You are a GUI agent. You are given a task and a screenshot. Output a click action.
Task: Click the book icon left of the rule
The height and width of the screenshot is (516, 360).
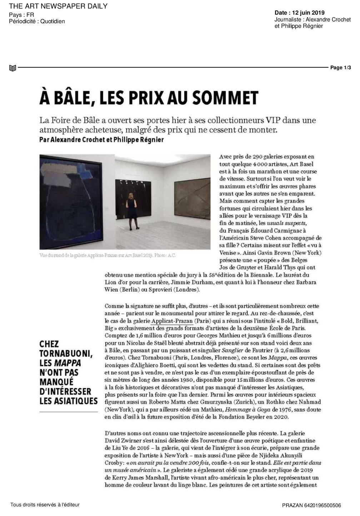pyautogui.click(x=12, y=68)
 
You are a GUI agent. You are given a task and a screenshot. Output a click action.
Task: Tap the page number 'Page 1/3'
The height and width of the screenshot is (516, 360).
pyautogui.click(x=340, y=67)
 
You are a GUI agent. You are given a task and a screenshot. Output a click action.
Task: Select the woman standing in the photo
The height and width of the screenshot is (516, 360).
pyautogui.click(x=131, y=211)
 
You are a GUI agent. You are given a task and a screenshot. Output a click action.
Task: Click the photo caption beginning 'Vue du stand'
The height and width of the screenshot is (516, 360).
pyautogui.click(x=107, y=255)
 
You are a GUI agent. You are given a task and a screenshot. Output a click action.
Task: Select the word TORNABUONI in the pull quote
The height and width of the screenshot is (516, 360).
pyautogui.click(x=66, y=354)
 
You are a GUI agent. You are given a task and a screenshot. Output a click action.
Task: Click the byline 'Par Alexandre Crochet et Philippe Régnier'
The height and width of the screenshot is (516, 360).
pyautogui.click(x=101, y=140)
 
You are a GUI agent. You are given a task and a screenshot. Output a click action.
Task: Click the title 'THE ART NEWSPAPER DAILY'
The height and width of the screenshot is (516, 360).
pyautogui.click(x=58, y=6)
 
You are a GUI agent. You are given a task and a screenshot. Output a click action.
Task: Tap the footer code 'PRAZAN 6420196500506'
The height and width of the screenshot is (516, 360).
pyautogui.click(x=311, y=505)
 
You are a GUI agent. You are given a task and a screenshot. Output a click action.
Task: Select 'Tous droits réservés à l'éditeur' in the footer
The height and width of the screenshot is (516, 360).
pyautogui.click(x=45, y=505)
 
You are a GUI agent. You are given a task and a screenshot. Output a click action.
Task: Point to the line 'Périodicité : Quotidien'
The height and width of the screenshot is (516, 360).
pyautogui.click(x=37, y=21)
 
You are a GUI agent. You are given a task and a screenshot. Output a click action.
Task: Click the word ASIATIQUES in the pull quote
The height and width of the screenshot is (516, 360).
pyautogui.click(x=68, y=401)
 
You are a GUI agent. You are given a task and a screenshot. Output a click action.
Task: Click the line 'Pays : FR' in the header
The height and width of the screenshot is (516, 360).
pyautogui.click(x=21, y=15)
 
